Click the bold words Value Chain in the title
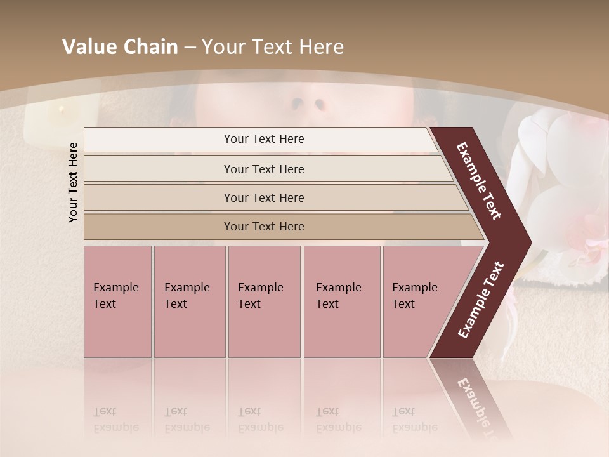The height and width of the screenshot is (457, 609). (x=120, y=47)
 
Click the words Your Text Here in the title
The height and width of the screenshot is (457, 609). (x=273, y=47)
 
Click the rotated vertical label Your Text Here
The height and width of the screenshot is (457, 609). (x=73, y=183)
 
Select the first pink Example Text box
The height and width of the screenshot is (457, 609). (x=117, y=301)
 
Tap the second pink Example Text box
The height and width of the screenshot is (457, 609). (x=189, y=301)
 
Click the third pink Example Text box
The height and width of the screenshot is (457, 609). (x=264, y=301)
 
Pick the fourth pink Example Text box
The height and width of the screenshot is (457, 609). (x=341, y=301)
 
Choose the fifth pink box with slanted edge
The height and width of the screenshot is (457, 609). (x=419, y=301)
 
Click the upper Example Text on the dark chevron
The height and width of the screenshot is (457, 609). (x=480, y=181)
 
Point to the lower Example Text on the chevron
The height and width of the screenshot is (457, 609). (x=481, y=300)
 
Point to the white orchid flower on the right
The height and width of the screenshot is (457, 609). (x=558, y=190)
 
